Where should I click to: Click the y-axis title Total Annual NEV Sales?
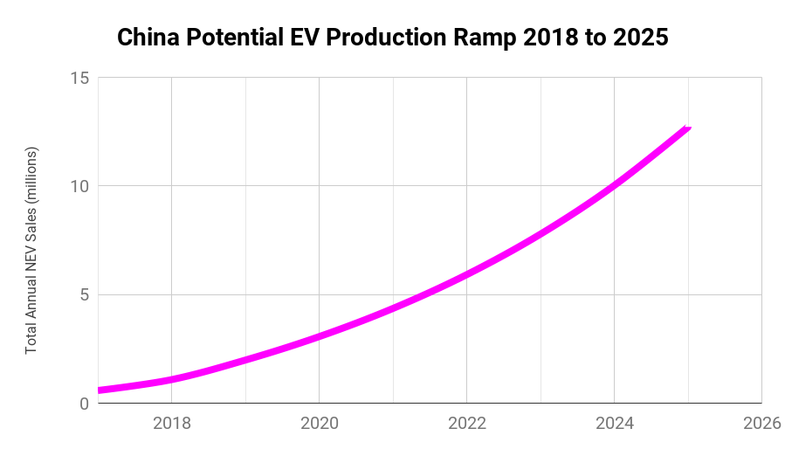[31, 251]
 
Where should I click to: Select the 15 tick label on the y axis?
[79, 78]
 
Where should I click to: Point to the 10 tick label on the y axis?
[79, 186]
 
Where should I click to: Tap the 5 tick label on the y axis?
[84, 295]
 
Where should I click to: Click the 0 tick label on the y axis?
[84, 404]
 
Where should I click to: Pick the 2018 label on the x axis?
[172, 424]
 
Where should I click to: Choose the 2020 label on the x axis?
[320, 424]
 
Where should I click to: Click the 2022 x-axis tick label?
[467, 424]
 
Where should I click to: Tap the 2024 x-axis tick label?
[615, 424]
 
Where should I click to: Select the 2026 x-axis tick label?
[761, 424]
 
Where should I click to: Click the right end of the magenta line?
[688, 128]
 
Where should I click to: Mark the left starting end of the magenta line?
[100, 390]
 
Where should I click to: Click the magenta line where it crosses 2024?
[615, 184]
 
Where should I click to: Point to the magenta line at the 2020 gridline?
[320, 335]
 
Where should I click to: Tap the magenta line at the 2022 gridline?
[467, 273]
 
